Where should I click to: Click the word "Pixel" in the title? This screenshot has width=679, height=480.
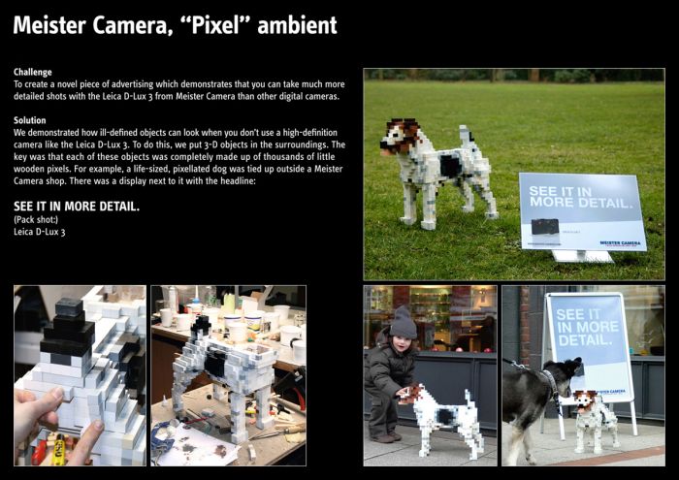pos(215,25)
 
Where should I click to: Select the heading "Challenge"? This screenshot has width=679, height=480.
pos(32,73)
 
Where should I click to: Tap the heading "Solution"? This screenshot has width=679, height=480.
pos(29,120)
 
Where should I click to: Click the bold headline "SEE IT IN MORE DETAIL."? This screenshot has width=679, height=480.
pos(77,207)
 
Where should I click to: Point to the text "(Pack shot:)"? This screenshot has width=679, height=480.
pos(36,219)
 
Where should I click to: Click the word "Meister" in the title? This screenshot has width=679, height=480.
pos(49,25)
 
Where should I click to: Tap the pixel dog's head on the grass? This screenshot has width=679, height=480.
pos(401,137)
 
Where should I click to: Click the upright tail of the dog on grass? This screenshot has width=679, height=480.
pos(466,136)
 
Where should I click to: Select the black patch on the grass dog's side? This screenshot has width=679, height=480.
pos(450,166)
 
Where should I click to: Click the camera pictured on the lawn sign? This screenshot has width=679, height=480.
pos(545,226)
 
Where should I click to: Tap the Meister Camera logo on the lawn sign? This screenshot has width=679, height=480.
pos(620,243)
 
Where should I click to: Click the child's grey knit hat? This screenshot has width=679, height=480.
pos(403,323)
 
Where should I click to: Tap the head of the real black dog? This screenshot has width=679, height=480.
pos(566,372)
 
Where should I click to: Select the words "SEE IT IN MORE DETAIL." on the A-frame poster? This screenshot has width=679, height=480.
pos(587,327)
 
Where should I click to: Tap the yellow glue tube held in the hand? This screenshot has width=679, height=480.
pos(58,450)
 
